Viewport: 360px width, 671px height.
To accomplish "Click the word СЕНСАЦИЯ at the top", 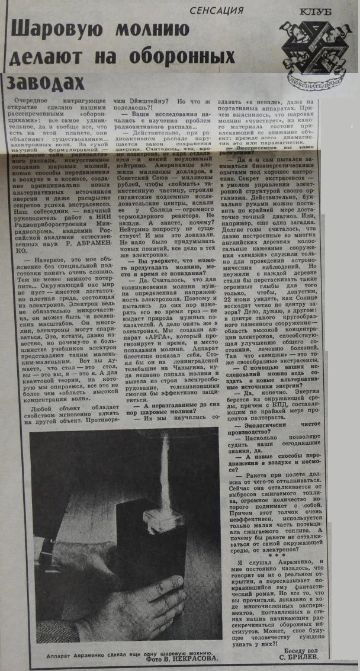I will tap(216, 10).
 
